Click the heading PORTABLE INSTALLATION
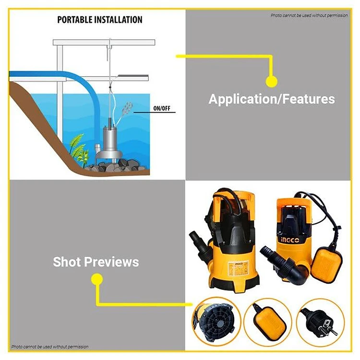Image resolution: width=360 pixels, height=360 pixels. pos(100,20)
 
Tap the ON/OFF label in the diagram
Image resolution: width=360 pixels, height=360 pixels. pos(162,108)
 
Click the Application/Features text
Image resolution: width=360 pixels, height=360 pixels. pos(272,99)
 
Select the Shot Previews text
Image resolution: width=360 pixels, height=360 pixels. pos(96,262)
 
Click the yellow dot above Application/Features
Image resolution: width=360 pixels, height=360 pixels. pos(271,81)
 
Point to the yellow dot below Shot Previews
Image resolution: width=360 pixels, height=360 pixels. pos(96,279)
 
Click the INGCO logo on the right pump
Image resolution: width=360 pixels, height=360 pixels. pos(290,240)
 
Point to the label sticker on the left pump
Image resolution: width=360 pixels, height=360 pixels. pos(238,270)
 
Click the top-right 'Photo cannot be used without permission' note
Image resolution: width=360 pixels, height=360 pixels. pos(309,15)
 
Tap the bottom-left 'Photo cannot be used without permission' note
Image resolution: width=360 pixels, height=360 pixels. pos(50,347)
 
